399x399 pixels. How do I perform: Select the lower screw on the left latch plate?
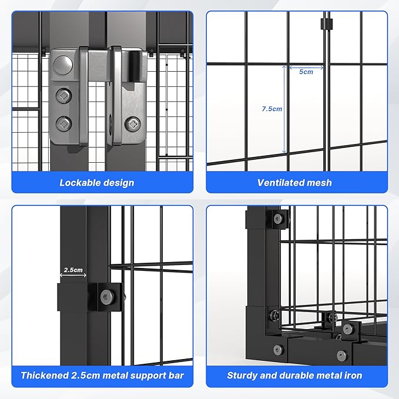tap(63, 123)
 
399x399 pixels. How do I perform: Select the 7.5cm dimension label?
tap(272, 109)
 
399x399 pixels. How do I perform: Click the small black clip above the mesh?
tap(323, 25)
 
